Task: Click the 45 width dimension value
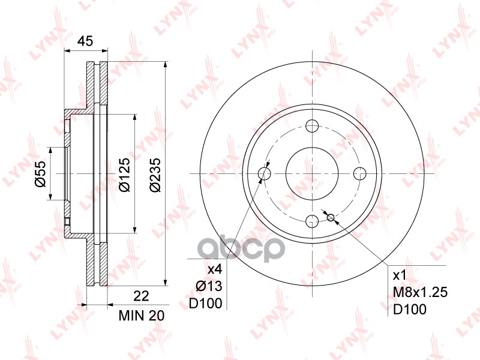coord(86,41)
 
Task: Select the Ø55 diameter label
coord(40,174)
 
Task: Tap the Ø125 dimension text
coord(124,174)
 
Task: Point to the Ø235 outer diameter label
coord(155,174)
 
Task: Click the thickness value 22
coord(140,295)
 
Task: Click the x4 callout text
coord(215,270)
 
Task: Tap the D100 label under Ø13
coord(206,304)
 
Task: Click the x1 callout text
coord(400,275)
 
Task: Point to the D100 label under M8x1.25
coord(409,310)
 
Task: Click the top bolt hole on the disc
coord(311,126)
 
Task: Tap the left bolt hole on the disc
coord(264,174)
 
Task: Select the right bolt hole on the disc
coord(359,174)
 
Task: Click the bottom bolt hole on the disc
coord(311,221)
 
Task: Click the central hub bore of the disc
coord(311,174)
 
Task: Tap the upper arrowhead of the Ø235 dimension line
coord(165,66)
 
